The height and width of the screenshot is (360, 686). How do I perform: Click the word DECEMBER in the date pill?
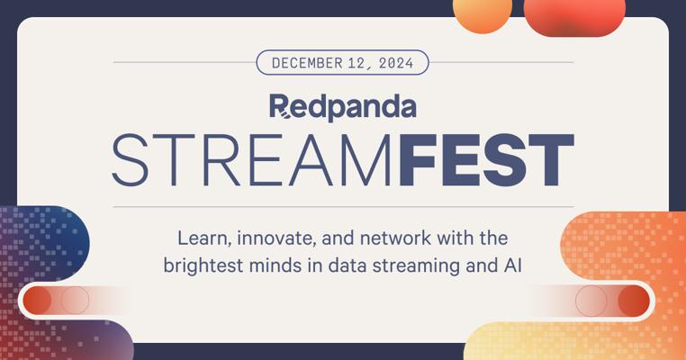[307, 63]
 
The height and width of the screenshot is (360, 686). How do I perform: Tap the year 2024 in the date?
[396, 63]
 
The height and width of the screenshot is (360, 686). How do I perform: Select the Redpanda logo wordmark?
[343, 107]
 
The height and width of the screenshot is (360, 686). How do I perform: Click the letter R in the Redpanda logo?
[280, 106]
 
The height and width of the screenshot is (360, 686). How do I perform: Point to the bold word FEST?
[486, 160]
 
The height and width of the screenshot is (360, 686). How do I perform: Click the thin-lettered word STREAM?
[251, 160]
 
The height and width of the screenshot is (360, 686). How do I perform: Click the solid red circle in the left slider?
[37, 301]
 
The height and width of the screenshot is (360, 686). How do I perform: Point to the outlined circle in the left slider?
[75, 301]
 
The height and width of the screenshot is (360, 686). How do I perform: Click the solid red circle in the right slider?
[634, 301]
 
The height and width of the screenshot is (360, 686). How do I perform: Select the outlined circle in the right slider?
[591, 301]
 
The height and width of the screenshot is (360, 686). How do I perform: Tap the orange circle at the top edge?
[483, 13]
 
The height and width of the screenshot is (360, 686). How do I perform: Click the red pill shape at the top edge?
[574, 15]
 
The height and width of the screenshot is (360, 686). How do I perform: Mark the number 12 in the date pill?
[357, 63]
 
